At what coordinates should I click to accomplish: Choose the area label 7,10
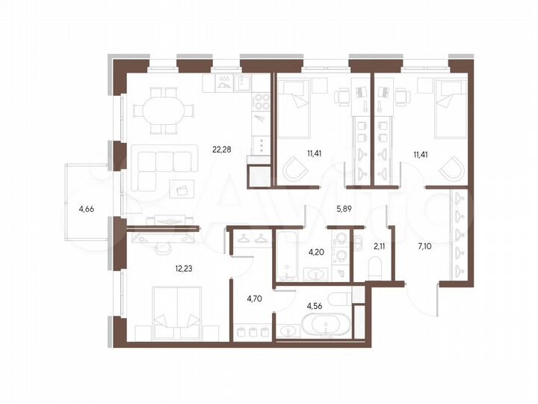pyautogui.click(x=426, y=245)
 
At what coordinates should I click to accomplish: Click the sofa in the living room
pyautogui.click(x=161, y=160)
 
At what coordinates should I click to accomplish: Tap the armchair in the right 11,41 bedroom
pyautogui.click(x=453, y=170)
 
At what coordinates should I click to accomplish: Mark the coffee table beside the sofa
pyautogui.click(x=182, y=187)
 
